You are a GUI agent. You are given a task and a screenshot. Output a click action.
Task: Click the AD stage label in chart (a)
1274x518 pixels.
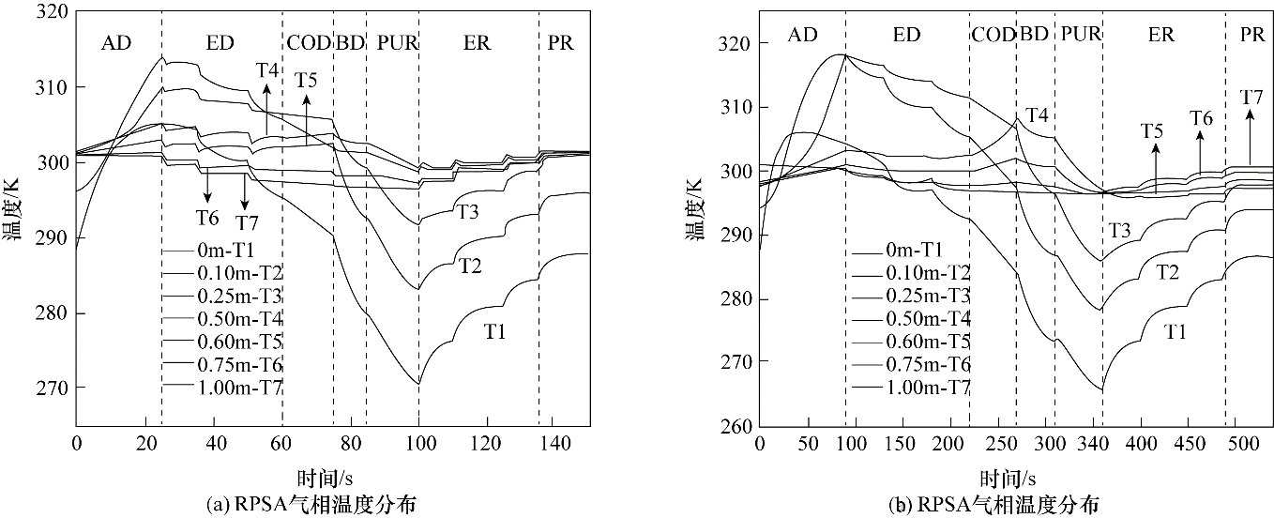point(116,43)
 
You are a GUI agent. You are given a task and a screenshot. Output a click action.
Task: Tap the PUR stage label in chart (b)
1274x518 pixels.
point(1079,35)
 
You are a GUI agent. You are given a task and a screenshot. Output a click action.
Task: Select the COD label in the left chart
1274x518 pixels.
point(308,43)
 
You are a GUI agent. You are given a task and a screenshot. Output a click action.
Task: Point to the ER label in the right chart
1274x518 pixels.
point(1160,35)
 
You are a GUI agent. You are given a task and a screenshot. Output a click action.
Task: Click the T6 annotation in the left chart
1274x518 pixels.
point(207,218)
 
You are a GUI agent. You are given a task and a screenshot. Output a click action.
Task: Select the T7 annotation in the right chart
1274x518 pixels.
point(1251,97)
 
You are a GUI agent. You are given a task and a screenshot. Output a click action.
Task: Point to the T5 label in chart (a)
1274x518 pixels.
point(306,80)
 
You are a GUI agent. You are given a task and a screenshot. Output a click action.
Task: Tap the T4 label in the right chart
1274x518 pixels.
point(1037,115)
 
